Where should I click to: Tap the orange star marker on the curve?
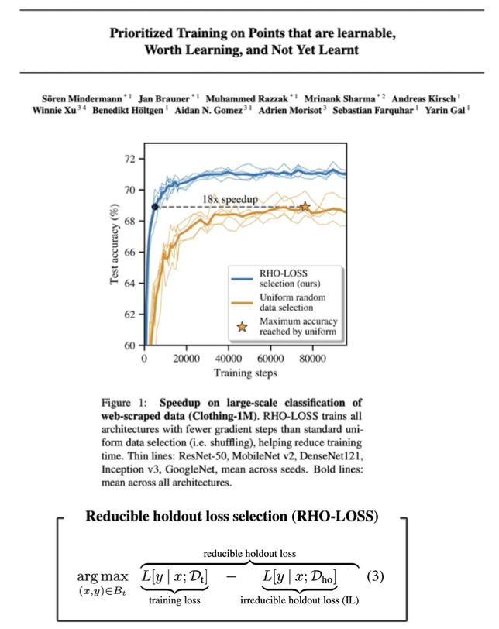[x=305, y=207]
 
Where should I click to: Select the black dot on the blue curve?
[x=155, y=207]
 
